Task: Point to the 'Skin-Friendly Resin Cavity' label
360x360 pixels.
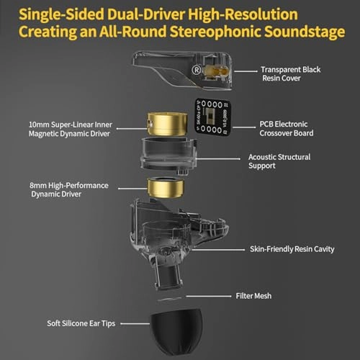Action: coord(292,250)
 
